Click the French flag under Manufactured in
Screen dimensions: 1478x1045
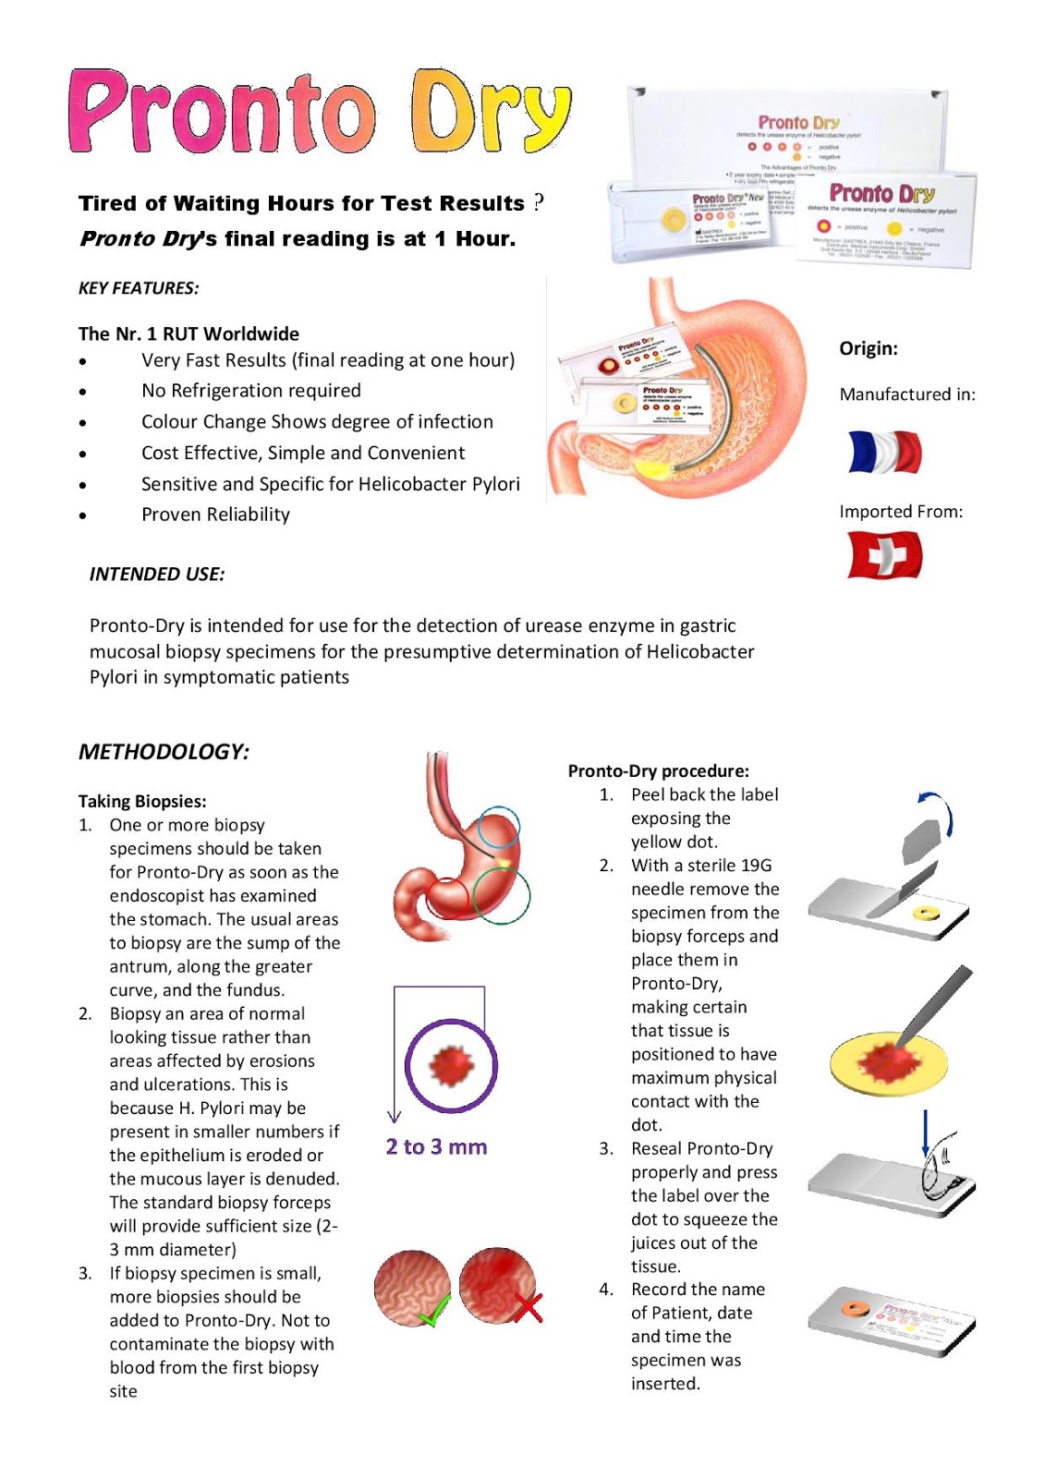[884, 453]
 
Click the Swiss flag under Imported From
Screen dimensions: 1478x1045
[884, 555]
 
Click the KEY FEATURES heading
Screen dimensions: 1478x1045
[139, 288]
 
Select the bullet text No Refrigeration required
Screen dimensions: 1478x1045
[251, 391]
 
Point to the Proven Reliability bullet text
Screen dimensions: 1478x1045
[215, 515]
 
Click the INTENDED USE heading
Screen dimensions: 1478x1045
[157, 575]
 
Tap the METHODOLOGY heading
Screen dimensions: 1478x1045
[164, 752]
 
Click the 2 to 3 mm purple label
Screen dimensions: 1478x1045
[436, 1147]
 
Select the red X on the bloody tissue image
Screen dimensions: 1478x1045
[528, 1306]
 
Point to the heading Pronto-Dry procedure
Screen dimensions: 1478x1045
[658, 771]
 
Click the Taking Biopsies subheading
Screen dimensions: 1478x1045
[142, 802]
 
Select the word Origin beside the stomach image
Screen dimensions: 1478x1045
[868, 348]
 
